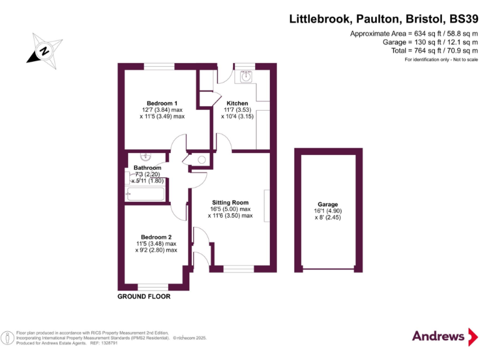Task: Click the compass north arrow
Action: coord(44,51)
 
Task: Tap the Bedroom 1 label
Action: coord(162,103)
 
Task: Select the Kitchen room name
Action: coord(237,103)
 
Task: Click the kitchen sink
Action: coord(246,77)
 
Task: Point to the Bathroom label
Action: coord(147,168)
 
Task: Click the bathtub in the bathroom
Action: coord(145,194)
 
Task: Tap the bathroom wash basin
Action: coord(146,156)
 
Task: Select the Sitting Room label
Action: coord(230,202)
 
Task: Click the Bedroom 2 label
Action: coord(156,237)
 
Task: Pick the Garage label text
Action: coord(327,204)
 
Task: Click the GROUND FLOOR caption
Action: coord(144,296)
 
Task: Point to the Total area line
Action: coord(430,50)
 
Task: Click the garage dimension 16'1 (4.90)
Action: coord(327,211)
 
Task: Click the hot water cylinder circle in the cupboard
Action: coord(201,160)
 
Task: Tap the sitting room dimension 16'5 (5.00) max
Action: coord(230,209)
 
